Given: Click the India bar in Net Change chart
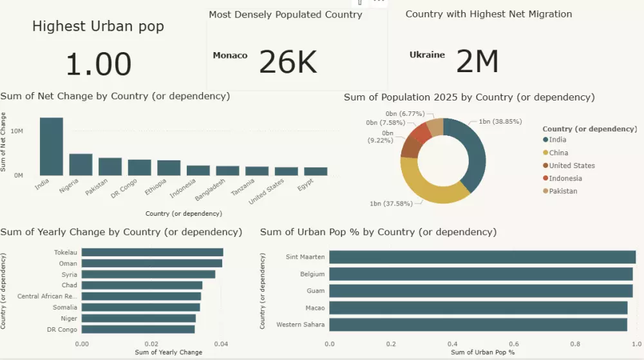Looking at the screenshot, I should tap(52, 147).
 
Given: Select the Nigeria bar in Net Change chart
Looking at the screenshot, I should tap(80, 165).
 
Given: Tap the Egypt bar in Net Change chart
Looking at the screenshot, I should tap(316, 171).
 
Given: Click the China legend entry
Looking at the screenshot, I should tap(558, 153).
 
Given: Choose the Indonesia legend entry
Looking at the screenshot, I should tap(565, 178).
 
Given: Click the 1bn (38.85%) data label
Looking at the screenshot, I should tap(500, 121).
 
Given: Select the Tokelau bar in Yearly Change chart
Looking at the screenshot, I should tap(153, 252).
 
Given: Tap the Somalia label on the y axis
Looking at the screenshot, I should tap(65, 307).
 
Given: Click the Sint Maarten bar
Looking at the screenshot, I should tap(482, 257).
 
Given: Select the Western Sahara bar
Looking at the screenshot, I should tap(478, 324).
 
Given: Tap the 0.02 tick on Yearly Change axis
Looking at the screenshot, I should tap(151, 345).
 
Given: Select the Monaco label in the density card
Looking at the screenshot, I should tap(230, 55).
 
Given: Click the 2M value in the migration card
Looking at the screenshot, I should tap(477, 62).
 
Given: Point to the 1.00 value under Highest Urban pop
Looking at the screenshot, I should tap(99, 64).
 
